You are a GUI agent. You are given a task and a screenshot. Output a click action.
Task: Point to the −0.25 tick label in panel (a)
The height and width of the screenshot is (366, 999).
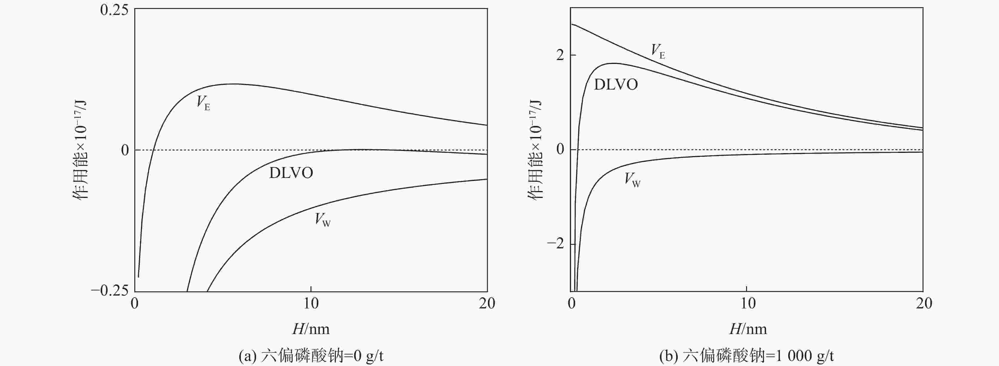click(110, 291)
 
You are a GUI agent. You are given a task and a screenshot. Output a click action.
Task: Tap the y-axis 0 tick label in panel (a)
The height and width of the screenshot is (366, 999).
click(125, 150)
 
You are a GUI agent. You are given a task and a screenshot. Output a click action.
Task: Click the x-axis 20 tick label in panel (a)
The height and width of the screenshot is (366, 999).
click(487, 304)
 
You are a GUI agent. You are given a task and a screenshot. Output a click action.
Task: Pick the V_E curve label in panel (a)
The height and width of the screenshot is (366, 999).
click(203, 103)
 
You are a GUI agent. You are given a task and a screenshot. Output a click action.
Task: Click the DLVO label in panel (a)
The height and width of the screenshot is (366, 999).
click(291, 173)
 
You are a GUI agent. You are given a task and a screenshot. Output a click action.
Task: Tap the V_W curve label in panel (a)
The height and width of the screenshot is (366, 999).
click(322, 220)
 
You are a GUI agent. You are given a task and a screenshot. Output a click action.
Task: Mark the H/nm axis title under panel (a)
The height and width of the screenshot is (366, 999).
click(311, 330)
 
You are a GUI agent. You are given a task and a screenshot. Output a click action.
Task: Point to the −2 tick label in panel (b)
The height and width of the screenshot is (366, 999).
click(555, 244)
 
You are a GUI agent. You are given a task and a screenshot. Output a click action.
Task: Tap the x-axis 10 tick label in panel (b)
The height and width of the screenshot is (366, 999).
click(747, 304)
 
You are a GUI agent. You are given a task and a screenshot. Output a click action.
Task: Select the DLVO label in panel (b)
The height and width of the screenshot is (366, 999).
click(616, 84)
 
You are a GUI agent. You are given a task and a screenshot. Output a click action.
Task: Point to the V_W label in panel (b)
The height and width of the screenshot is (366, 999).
click(632, 180)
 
